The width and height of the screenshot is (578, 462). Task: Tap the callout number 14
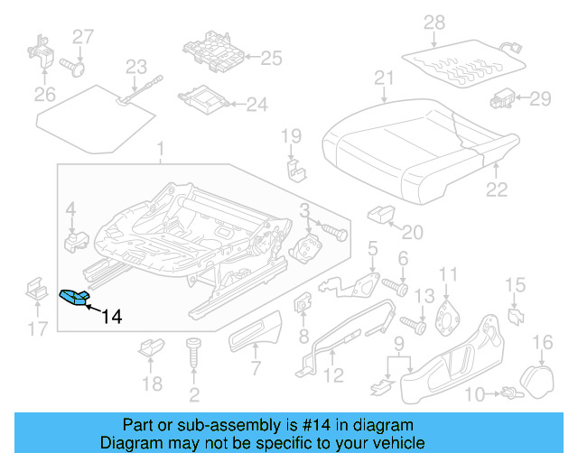pos(111,317)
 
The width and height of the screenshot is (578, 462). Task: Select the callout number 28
pos(434,21)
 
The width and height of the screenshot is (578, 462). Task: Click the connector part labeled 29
pos(501,97)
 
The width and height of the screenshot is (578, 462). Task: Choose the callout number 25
pos(271,59)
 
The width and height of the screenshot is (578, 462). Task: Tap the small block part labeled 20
pos(379,215)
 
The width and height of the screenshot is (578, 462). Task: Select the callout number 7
pos(256,368)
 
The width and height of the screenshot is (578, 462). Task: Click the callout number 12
pos(333,376)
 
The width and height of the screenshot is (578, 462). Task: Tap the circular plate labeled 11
pos(446,313)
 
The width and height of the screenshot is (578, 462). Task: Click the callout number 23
pos(136,66)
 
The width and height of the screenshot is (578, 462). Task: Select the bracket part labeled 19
pos(291,169)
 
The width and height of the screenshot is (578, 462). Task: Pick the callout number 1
pos(161,147)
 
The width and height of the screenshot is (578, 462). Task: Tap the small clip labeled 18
pos(151,346)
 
